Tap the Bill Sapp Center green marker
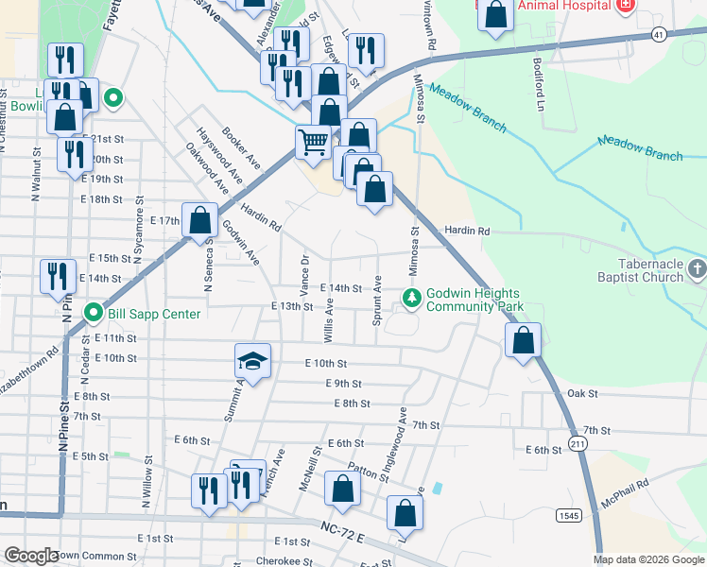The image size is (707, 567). pyautogui.click(x=94, y=313)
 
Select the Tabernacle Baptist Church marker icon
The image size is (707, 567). pyautogui.click(x=698, y=270)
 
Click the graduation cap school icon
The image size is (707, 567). pyautogui.click(x=252, y=360)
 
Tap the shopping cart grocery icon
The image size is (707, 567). pyautogui.click(x=313, y=142)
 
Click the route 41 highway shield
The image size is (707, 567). pyautogui.click(x=658, y=34)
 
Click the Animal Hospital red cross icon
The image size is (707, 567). pyautogui.click(x=624, y=6)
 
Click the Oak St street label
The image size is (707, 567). pyautogui.click(x=582, y=393)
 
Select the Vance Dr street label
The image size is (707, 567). pyautogui.click(x=304, y=273)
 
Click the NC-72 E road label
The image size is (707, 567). pyautogui.click(x=342, y=531)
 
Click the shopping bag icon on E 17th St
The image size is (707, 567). pyautogui.click(x=199, y=221)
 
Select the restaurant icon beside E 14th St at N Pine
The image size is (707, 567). pyautogui.click(x=58, y=276)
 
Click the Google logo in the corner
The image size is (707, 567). pyautogui.click(x=30, y=556)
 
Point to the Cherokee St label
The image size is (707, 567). pyautogui.click(x=284, y=560)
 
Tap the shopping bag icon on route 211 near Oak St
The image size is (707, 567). pyautogui.click(x=524, y=340)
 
